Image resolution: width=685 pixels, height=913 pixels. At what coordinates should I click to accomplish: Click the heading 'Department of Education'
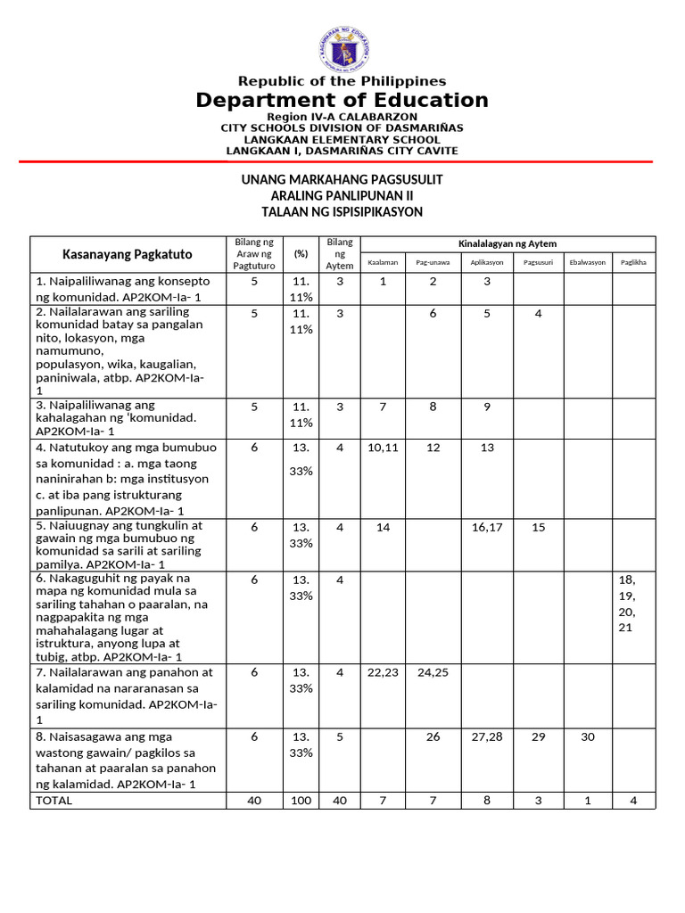tap(342, 101)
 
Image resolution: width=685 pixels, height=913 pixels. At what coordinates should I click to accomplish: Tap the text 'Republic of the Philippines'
tap(342, 81)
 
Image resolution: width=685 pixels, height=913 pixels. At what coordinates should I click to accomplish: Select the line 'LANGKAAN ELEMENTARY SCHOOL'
tap(342, 139)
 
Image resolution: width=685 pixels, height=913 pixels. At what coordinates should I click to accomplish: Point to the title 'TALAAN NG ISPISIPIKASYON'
tap(342, 211)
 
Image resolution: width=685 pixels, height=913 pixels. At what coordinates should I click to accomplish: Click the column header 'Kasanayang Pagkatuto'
tap(127, 254)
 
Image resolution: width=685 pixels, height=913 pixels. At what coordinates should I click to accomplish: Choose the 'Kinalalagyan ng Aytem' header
tap(508, 244)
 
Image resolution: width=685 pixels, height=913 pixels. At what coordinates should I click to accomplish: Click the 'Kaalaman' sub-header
tap(383, 263)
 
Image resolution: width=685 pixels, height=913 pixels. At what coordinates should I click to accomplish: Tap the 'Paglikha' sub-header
tap(633, 263)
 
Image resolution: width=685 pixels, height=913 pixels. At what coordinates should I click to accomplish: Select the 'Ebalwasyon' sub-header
tap(587, 263)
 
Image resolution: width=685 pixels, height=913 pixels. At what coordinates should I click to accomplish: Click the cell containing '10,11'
tap(383, 448)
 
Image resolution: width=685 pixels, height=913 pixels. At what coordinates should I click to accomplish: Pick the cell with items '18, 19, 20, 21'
tap(627, 604)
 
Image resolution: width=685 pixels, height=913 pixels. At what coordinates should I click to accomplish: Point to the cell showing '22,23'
tap(383, 672)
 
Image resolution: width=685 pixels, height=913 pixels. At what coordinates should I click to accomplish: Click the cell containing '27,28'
tap(487, 737)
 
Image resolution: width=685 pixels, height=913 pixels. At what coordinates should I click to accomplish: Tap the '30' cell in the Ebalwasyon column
tap(587, 737)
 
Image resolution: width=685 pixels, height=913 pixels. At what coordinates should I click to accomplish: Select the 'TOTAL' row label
tap(53, 801)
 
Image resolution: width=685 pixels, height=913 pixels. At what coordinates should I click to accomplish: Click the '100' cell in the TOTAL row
tap(301, 801)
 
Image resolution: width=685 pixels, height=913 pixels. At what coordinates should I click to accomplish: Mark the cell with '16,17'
tap(487, 527)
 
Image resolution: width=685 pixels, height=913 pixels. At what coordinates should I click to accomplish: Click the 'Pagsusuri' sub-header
tap(538, 263)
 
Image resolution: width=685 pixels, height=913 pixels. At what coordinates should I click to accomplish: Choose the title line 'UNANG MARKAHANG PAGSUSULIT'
tap(342, 179)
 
